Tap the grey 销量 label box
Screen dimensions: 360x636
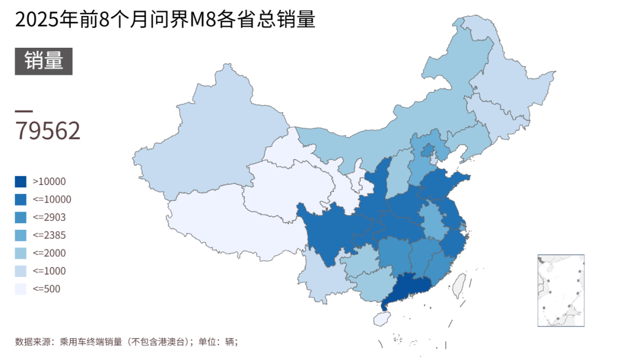[x=44, y=61]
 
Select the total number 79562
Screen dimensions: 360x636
[x=48, y=131]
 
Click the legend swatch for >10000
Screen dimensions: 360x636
[x=21, y=181]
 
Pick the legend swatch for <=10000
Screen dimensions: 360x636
[x=21, y=199]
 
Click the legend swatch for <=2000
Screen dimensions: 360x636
[x=21, y=253]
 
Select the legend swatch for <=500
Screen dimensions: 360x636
[x=21, y=289]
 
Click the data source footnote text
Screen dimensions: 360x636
[x=126, y=341]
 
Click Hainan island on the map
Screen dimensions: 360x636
[x=382, y=319]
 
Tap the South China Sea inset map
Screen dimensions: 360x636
[x=561, y=290]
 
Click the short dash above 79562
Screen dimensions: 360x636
[x=24, y=111]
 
